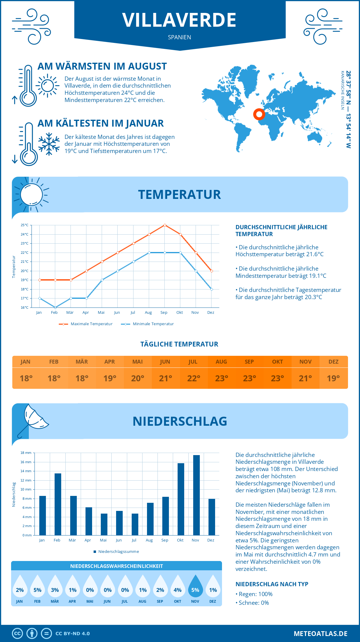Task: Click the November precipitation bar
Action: pyautogui.click(x=196, y=495)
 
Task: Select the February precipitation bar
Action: pyautogui.click(x=58, y=504)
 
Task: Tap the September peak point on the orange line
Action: pyautogui.click(x=165, y=225)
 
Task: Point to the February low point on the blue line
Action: pyautogui.click(x=55, y=307)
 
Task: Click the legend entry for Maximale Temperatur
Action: pyautogui.click(x=86, y=324)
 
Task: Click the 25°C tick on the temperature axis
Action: pyautogui.click(x=25, y=225)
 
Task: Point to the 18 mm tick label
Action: pyautogui.click(x=26, y=453)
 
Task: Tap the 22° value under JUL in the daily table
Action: pyautogui.click(x=193, y=378)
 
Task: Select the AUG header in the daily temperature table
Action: pyautogui.click(x=221, y=362)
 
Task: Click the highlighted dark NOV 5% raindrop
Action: pyautogui.click(x=195, y=586)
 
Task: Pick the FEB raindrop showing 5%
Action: pyautogui.click(x=37, y=586)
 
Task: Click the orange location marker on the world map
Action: pyautogui.click(x=259, y=114)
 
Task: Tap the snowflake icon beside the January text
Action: pyautogui.click(x=49, y=144)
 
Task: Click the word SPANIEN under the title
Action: pyautogui.click(x=179, y=37)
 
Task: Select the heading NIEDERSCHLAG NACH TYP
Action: pyautogui.click(x=272, y=584)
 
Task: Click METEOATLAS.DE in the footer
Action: pyautogui.click(x=320, y=634)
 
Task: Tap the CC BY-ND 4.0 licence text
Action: pyautogui.click(x=73, y=634)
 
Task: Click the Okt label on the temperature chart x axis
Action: pyautogui.click(x=179, y=313)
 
